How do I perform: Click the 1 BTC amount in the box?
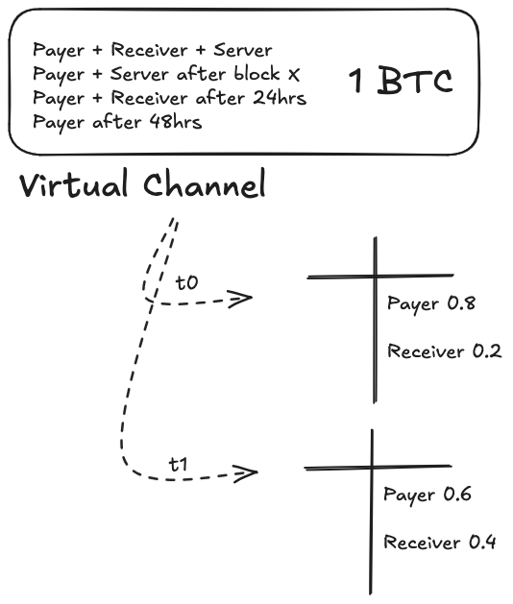pos(400,83)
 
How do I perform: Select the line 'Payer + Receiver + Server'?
pos(152,50)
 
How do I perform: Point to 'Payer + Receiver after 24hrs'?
pos(169,98)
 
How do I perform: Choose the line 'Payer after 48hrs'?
pos(117,122)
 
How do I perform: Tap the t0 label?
pos(186,283)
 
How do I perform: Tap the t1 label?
pos(179,463)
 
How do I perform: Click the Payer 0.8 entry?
pos(431,304)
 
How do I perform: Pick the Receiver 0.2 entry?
pos(444,350)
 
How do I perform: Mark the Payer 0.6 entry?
pos(427,495)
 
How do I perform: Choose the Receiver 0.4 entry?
pos(440,543)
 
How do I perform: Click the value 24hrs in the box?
pos(275,98)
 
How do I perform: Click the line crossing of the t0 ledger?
pos(375,277)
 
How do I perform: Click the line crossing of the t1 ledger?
pos(372,468)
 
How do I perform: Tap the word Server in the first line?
pos(244,50)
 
